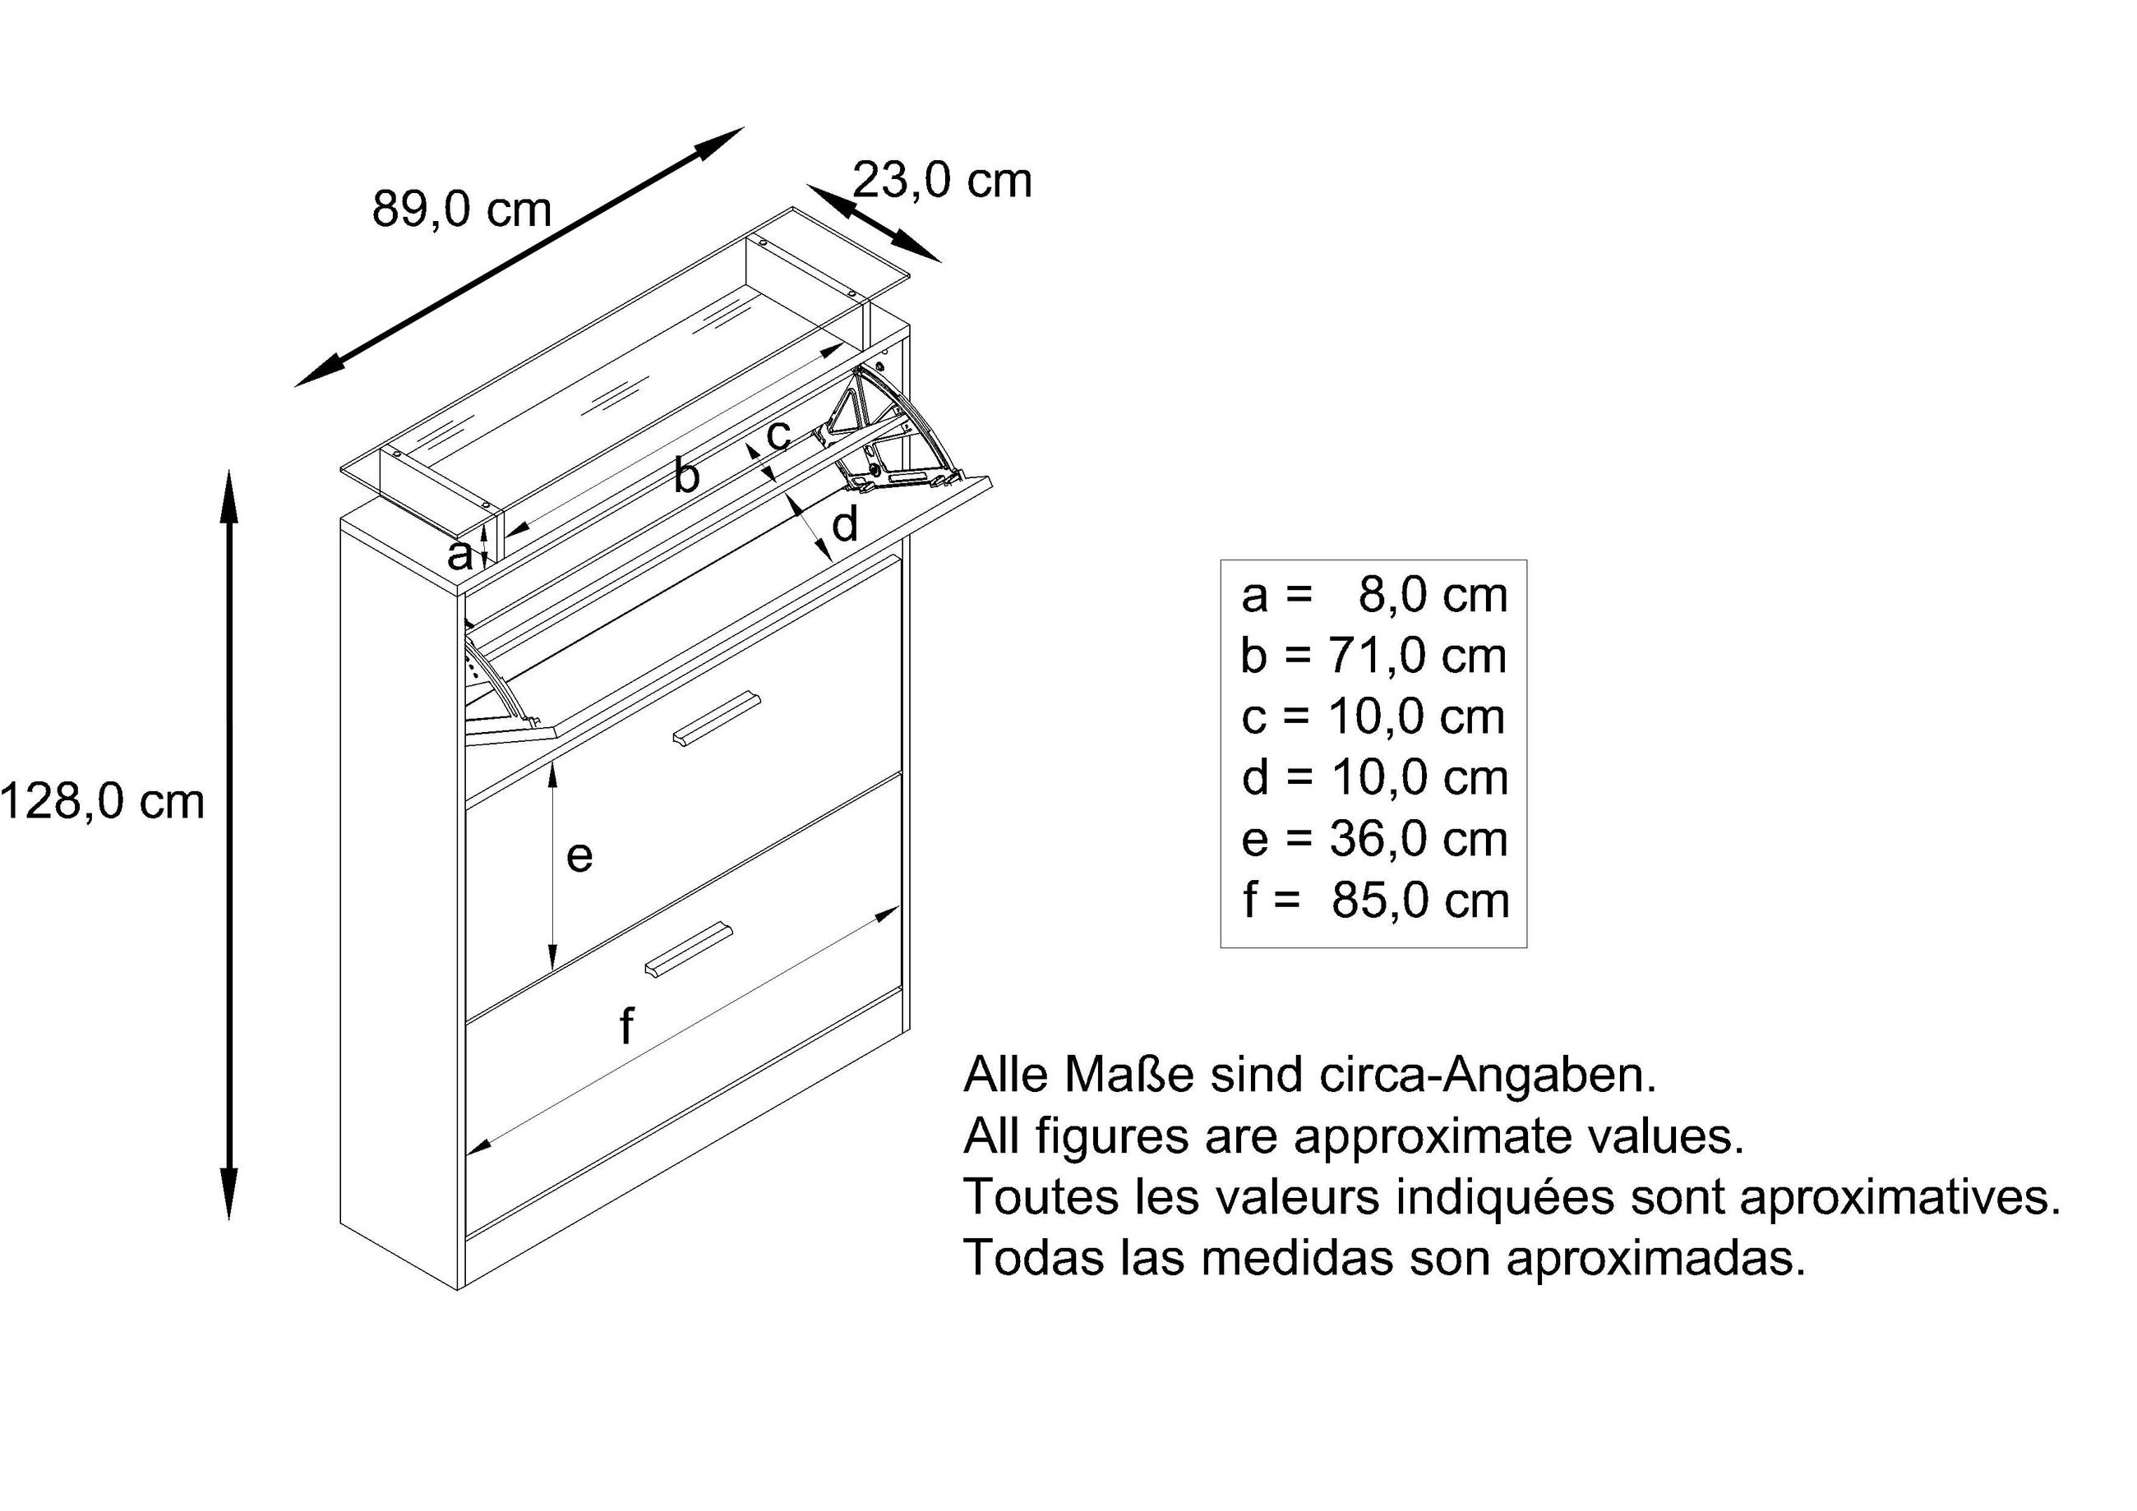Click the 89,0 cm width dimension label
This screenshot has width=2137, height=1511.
462,210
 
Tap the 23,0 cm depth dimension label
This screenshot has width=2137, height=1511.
942,181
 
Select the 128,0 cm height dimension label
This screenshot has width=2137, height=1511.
103,802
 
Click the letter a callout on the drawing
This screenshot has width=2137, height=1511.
459,556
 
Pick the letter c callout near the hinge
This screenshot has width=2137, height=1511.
778,434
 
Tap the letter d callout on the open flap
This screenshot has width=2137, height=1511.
844,526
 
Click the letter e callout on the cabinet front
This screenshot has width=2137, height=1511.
579,856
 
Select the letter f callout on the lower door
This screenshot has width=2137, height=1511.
626,1026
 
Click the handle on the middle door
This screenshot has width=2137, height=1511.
716,719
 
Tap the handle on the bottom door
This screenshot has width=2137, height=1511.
689,950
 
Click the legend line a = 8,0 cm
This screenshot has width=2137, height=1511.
1373,596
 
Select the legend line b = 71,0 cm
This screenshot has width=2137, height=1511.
1373,656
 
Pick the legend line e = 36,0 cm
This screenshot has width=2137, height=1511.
1373,839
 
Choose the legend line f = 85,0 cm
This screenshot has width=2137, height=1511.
1373,901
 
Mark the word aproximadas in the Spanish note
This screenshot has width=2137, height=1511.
1656,1259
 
